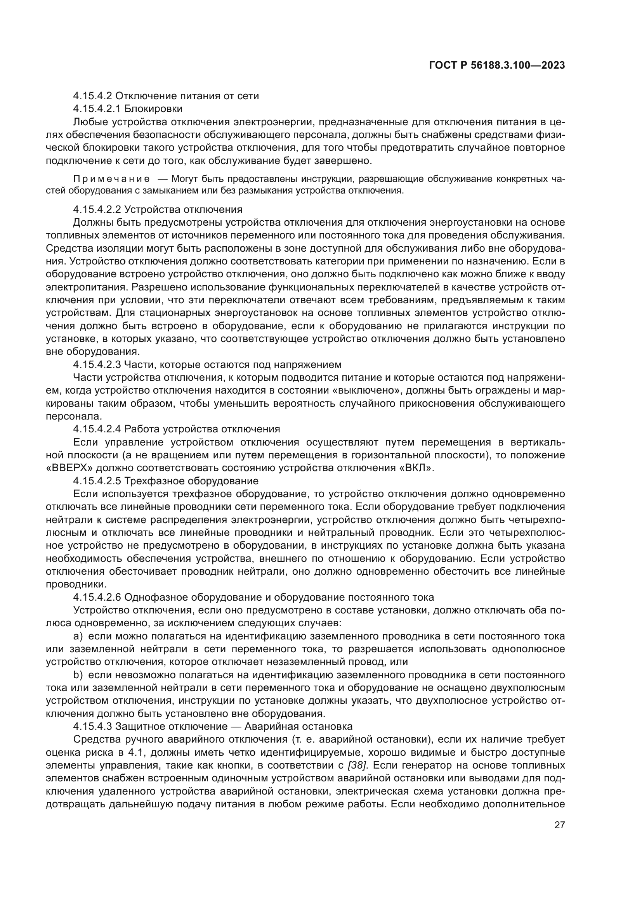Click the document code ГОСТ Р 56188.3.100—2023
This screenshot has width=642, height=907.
(x=496, y=66)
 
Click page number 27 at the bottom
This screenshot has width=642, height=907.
(x=559, y=825)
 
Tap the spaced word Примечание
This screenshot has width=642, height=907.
(x=111, y=179)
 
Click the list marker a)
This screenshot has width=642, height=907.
(x=78, y=636)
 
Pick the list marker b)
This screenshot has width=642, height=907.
(x=78, y=675)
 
